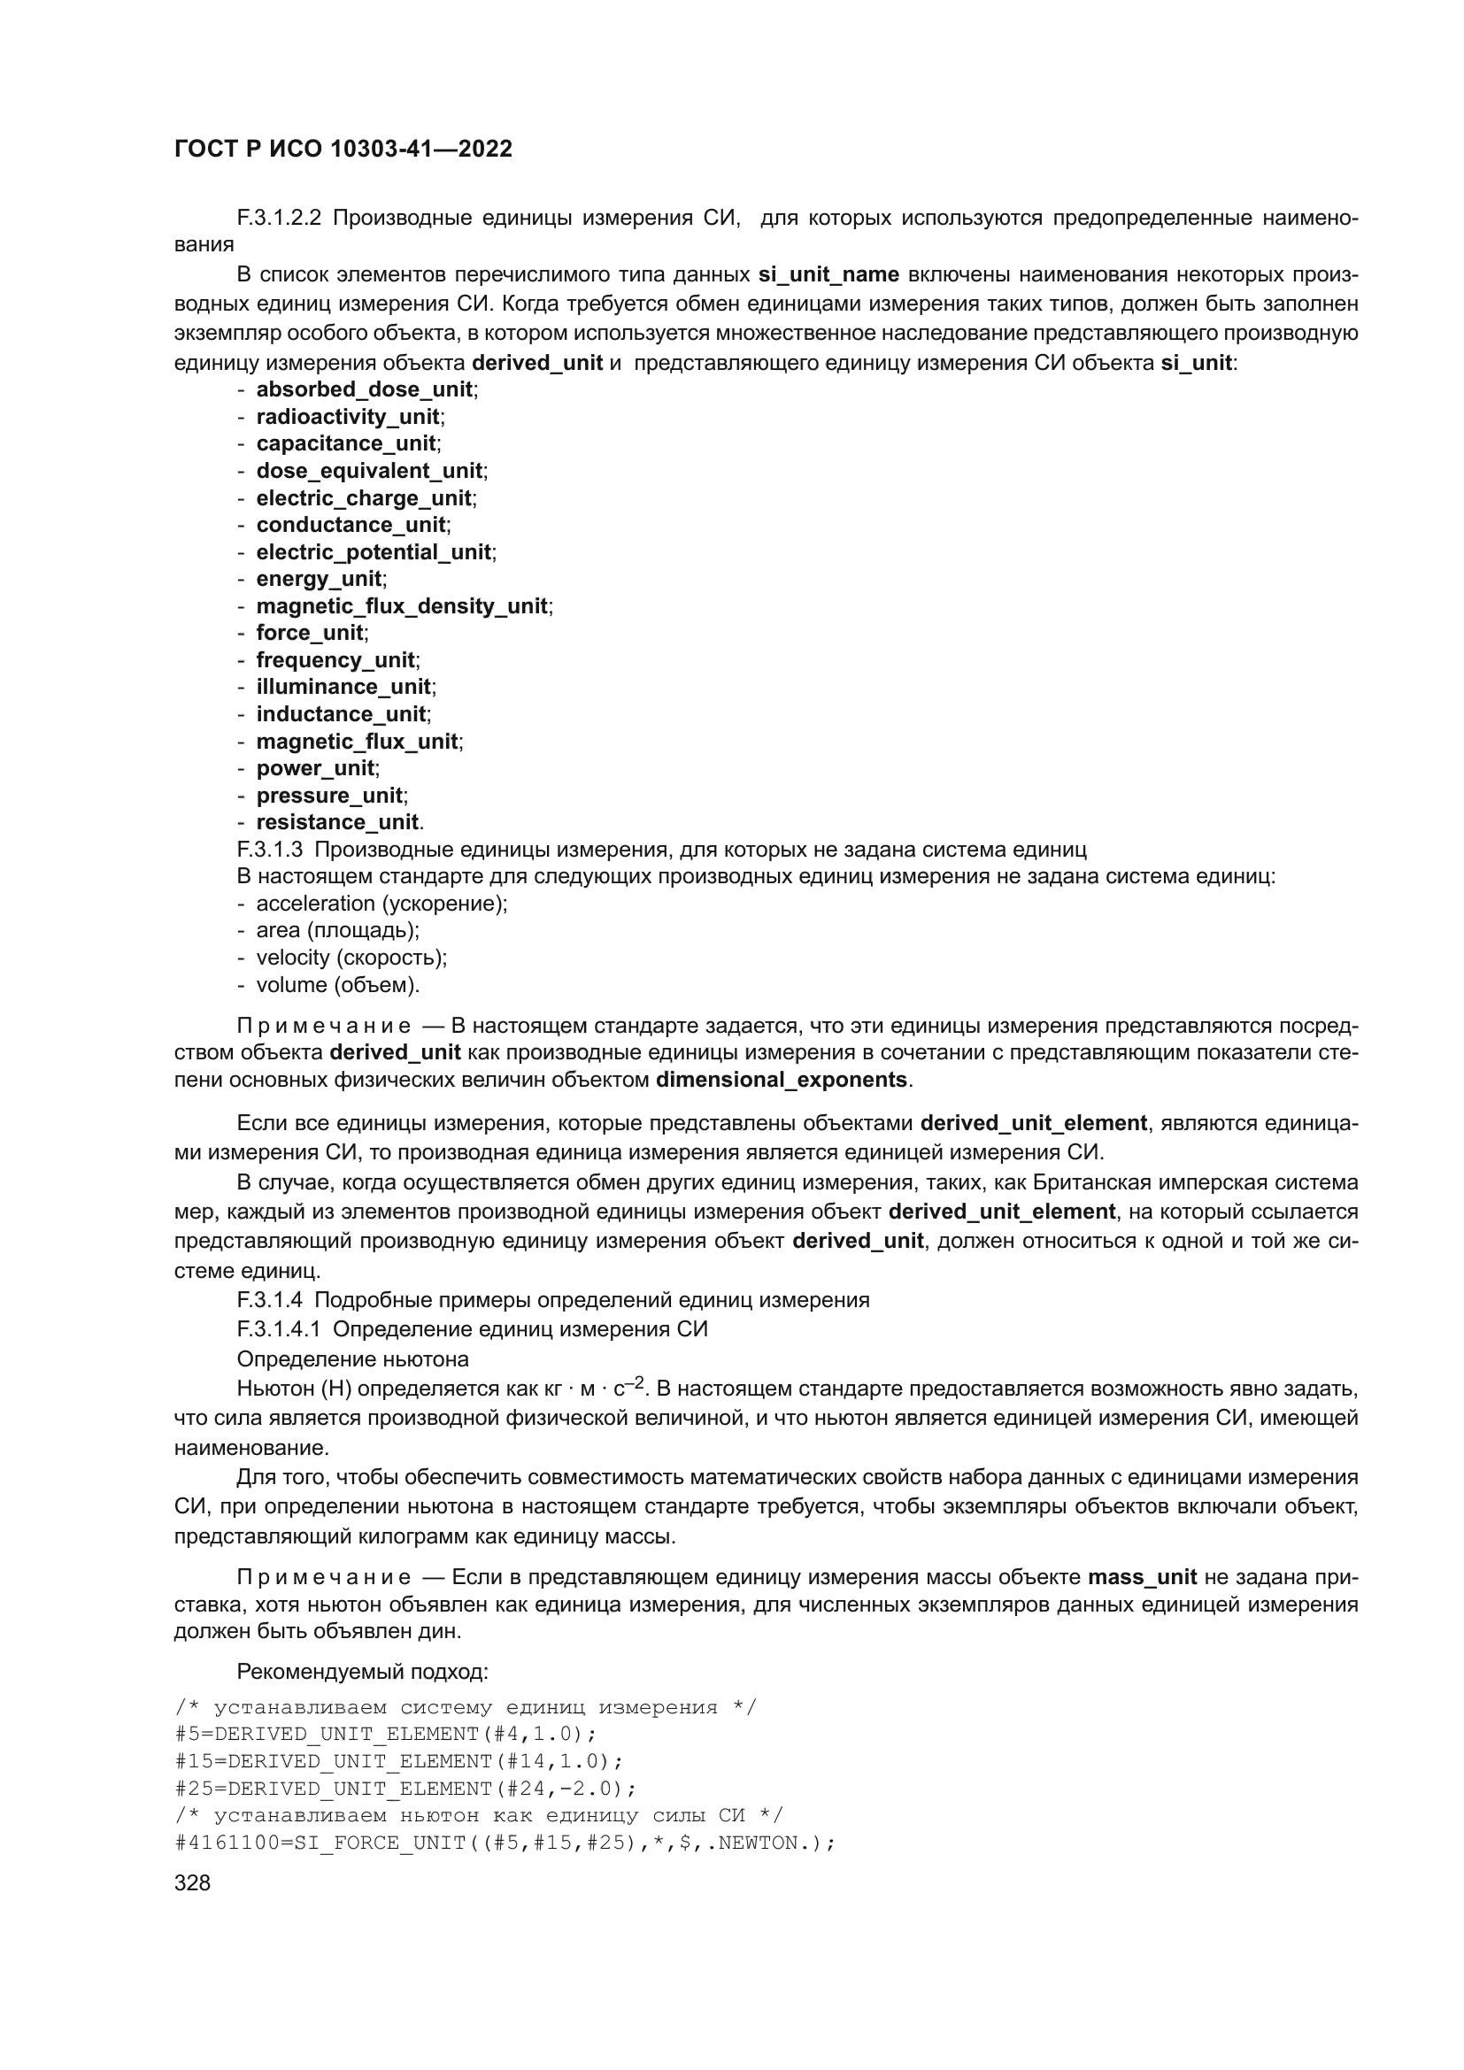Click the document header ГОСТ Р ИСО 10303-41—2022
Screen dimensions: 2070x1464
click(x=343, y=149)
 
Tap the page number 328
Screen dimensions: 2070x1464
click(x=192, y=1882)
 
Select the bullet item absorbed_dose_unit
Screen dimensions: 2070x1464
click(x=364, y=389)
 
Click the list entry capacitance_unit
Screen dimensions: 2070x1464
click(x=346, y=443)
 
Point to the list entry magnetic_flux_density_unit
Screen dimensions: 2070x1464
click(x=401, y=606)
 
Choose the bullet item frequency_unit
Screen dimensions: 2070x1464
click(x=335, y=660)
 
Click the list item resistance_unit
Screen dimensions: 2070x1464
click(x=337, y=822)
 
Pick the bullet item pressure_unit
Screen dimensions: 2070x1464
click(x=329, y=796)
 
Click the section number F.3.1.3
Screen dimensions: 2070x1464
click(x=270, y=850)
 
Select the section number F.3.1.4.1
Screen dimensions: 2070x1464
click(x=279, y=1329)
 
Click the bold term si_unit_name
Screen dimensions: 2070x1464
click(x=828, y=274)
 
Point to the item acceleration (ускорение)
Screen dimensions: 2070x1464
click(x=381, y=904)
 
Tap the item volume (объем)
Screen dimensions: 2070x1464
click(x=338, y=984)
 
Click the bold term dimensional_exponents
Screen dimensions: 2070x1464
click(x=782, y=1079)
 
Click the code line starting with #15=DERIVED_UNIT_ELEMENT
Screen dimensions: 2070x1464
click(x=398, y=1762)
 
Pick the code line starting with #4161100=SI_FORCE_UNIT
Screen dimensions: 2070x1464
click(x=505, y=1843)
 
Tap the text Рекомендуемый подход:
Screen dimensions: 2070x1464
click(x=361, y=1673)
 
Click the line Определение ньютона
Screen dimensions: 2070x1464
click(x=352, y=1358)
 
